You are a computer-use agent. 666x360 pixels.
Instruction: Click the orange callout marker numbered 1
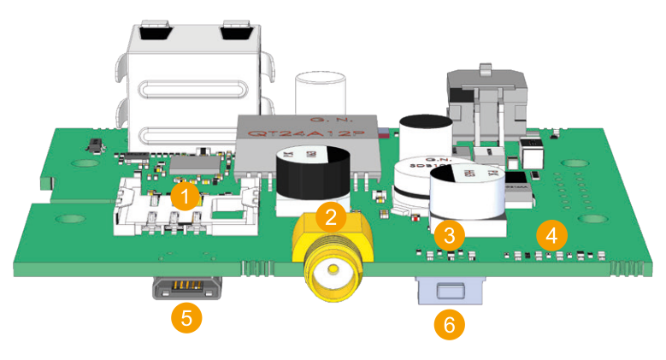(x=183, y=196)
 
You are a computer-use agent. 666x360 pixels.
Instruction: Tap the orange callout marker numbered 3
(x=448, y=233)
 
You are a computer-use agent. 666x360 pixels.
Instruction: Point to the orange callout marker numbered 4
(x=551, y=233)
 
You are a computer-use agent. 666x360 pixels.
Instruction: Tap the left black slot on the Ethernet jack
(x=153, y=34)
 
